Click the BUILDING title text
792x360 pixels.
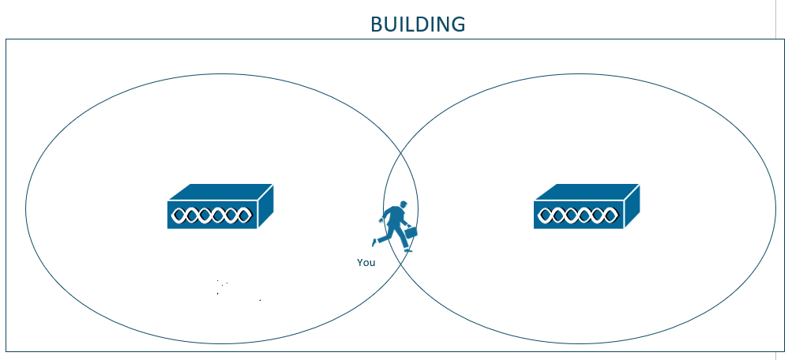418,24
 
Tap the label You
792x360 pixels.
366,263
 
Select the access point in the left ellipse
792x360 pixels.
220,207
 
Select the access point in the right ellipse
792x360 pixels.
587,207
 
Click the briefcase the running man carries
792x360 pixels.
411,232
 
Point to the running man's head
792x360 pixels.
403,204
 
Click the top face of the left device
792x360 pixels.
221,192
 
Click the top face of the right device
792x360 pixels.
587,192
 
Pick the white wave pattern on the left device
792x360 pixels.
212,216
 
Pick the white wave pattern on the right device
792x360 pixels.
578,216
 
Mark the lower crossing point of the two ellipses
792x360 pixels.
400,264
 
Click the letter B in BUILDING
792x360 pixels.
377,24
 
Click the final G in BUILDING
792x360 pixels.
458,24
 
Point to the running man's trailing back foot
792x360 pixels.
374,242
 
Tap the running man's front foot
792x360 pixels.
408,250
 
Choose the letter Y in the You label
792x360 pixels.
359,263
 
